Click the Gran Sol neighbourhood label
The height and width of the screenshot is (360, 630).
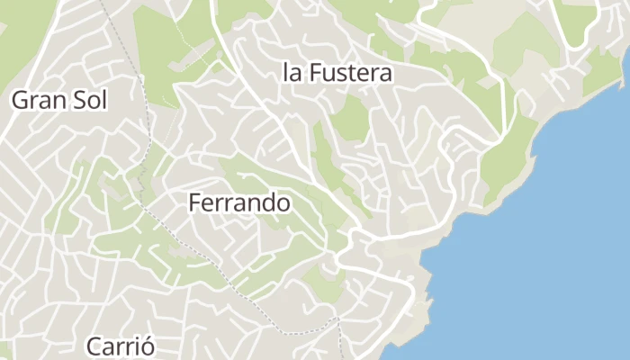59,100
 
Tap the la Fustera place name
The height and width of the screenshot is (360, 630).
337,73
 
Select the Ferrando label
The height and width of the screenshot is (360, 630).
239,203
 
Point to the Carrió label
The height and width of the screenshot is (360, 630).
121,346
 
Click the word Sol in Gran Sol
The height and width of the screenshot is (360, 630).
91,100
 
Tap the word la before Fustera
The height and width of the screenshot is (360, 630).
291,73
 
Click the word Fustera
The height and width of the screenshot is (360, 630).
351,73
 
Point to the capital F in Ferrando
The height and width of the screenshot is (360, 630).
194,203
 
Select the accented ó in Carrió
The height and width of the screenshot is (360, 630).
148,346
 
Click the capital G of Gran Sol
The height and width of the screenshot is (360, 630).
19,100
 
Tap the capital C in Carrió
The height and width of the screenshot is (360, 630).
94,346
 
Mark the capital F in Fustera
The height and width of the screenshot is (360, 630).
315,73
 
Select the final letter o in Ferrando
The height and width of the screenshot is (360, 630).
283,204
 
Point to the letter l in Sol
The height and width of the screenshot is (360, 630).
104,100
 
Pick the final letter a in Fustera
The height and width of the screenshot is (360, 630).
386,74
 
